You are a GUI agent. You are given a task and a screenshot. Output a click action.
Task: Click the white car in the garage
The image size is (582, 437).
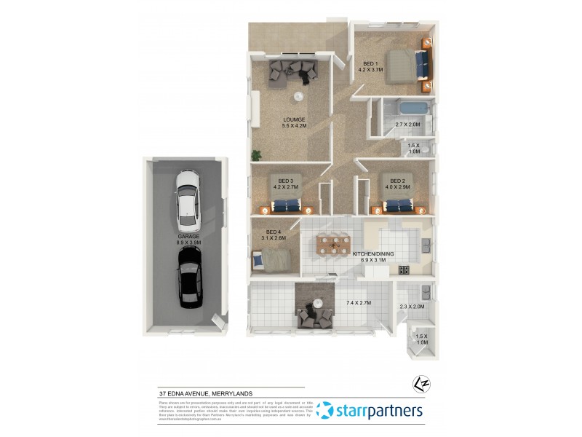[x=188, y=197]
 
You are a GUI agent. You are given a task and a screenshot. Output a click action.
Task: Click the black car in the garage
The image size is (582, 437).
[x=188, y=276]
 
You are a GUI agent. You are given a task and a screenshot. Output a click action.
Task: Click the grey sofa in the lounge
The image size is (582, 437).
[x=293, y=71]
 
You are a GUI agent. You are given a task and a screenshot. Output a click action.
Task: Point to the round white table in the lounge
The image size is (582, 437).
[x=298, y=97]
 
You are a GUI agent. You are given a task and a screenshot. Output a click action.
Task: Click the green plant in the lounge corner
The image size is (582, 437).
[x=256, y=154]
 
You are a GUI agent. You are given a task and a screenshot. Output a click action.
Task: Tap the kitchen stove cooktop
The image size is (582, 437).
[x=404, y=270]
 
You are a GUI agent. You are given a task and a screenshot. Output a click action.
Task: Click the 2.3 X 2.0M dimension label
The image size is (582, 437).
[x=412, y=306]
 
